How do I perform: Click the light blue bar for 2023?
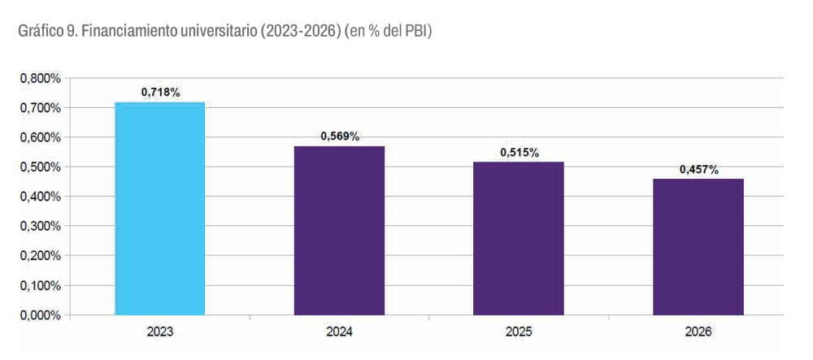(x=159, y=209)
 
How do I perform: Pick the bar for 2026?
(x=698, y=247)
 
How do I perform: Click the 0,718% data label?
(x=160, y=93)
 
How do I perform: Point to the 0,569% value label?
(x=340, y=137)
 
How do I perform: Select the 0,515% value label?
(x=520, y=152)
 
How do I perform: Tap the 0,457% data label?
(x=699, y=169)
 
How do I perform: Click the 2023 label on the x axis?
(x=160, y=332)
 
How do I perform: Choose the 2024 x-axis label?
(x=340, y=332)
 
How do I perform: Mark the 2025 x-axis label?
(x=520, y=332)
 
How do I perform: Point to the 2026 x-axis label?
(x=699, y=332)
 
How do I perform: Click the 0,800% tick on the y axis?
(x=41, y=79)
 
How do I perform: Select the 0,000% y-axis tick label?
(x=41, y=315)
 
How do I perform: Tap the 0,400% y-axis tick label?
(x=41, y=197)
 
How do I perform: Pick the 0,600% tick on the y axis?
(x=41, y=137)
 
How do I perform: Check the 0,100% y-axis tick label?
(x=41, y=286)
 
